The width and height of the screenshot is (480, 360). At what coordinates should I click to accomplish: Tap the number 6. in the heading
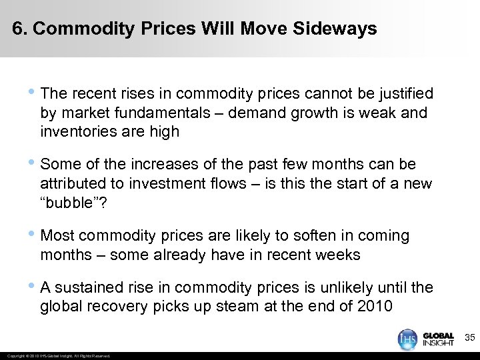[20, 29]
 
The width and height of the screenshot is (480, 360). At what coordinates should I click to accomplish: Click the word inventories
[75, 131]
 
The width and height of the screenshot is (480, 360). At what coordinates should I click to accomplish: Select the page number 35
[469, 339]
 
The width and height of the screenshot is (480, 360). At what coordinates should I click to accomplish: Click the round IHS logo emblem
[408, 339]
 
